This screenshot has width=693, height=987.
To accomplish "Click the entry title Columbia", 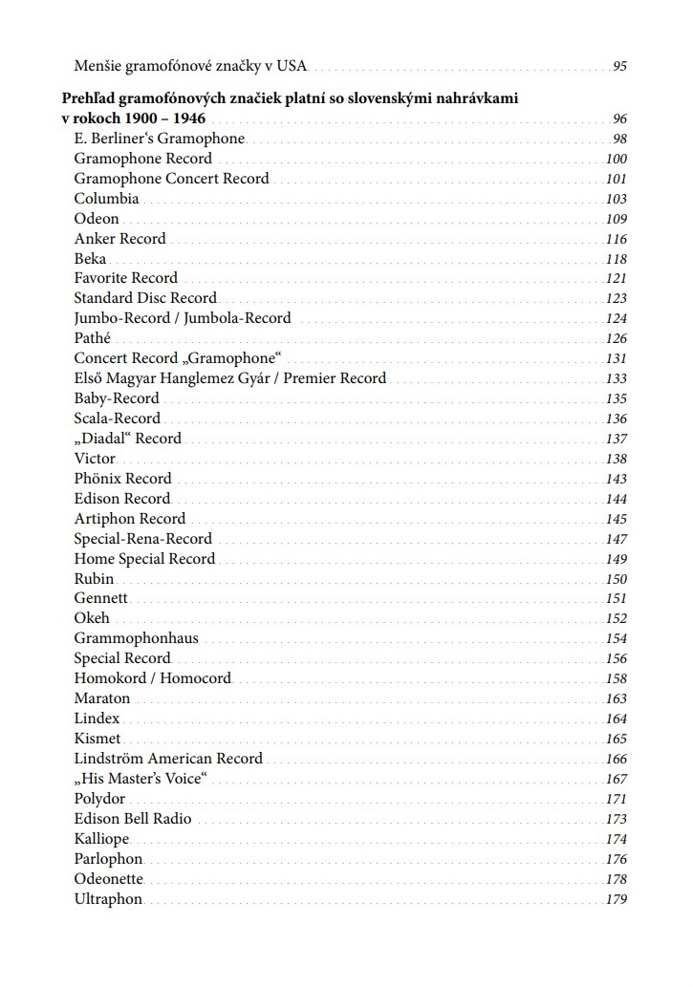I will click(x=106, y=199).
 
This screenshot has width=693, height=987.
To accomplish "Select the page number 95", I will click(x=619, y=67).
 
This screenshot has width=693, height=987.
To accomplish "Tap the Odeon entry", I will click(x=97, y=219).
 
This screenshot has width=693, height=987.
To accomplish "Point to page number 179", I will click(x=617, y=900).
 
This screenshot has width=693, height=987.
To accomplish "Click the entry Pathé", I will click(x=93, y=338).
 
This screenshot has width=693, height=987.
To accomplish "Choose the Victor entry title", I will click(x=95, y=459).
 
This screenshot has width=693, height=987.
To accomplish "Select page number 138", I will click(x=617, y=459).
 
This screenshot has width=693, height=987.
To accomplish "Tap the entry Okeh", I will click(x=92, y=618).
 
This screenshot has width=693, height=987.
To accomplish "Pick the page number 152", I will click(x=617, y=618).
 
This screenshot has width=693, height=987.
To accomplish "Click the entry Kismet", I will click(x=97, y=739).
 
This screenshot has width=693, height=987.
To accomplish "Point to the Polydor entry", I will click(x=99, y=799).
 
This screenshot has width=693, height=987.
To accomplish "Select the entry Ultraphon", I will click(x=108, y=899).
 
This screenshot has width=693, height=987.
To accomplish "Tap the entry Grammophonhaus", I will click(x=136, y=638).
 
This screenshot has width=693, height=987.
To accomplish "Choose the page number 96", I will click(x=619, y=119).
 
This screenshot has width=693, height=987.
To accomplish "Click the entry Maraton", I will click(x=101, y=698).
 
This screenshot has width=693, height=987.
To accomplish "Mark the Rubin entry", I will click(x=94, y=579).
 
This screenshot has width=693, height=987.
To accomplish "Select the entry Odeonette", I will click(x=108, y=879).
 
